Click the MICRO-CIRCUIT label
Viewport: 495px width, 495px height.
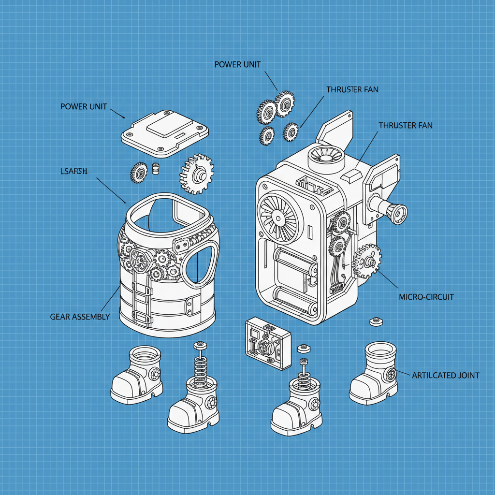(426, 297)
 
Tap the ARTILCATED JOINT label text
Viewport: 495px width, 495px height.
(445, 375)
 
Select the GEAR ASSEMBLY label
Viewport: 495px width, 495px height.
(80, 317)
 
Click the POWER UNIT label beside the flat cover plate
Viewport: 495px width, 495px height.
(84, 106)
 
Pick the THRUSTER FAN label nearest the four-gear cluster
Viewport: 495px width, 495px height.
(352, 89)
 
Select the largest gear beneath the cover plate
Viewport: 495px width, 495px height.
(197, 174)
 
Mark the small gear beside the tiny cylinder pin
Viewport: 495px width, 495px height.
(139, 172)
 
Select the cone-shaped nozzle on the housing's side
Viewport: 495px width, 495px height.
(397, 213)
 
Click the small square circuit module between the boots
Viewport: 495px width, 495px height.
(268, 343)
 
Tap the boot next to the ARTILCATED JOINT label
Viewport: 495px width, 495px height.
(374, 375)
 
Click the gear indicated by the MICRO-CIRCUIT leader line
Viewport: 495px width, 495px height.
(368, 262)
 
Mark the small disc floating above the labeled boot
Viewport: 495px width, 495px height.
(376, 320)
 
